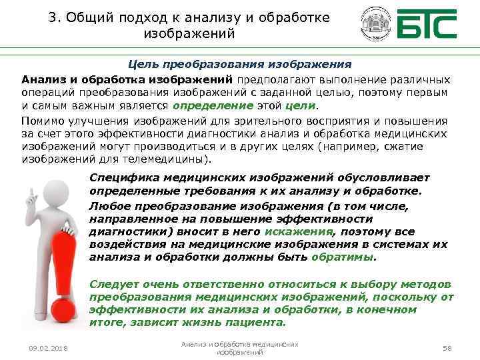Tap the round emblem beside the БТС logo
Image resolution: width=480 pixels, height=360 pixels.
pos(377,26)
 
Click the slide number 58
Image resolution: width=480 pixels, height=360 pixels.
pos(447,348)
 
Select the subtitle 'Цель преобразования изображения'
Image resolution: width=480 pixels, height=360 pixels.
pos(239,65)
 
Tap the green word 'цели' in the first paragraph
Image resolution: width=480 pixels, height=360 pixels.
pos(301,105)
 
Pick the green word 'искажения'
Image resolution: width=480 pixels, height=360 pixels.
pos(298,231)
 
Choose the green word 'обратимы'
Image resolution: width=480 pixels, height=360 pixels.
pos(346,256)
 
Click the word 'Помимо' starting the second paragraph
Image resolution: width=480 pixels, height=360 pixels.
pos(39,121)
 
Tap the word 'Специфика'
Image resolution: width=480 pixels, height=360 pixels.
pos(119,178)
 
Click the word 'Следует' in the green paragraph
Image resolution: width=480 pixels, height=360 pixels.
pos(110,285)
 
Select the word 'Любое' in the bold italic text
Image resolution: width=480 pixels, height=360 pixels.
pos(106,207)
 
